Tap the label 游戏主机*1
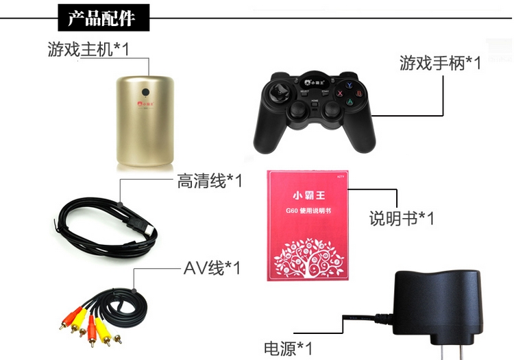(x=88, y=49)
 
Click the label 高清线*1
(x=210, y=182)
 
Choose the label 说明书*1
(x=402, y=219)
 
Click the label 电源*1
(x=289, y=348)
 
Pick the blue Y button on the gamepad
(x=349, y=86)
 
